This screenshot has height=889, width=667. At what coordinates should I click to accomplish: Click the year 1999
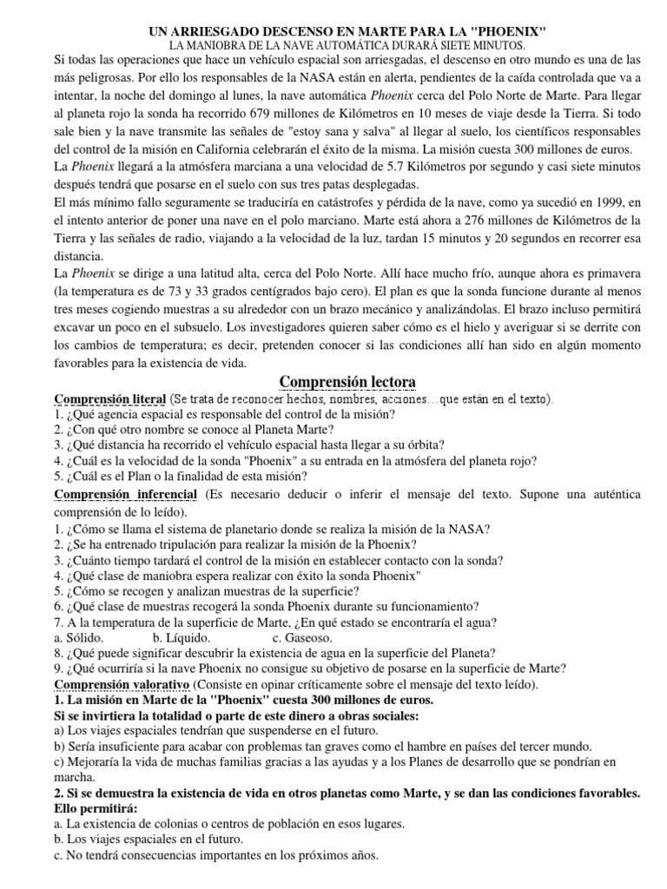click(591, 202)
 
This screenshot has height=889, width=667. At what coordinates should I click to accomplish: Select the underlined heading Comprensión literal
click(109, 399)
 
